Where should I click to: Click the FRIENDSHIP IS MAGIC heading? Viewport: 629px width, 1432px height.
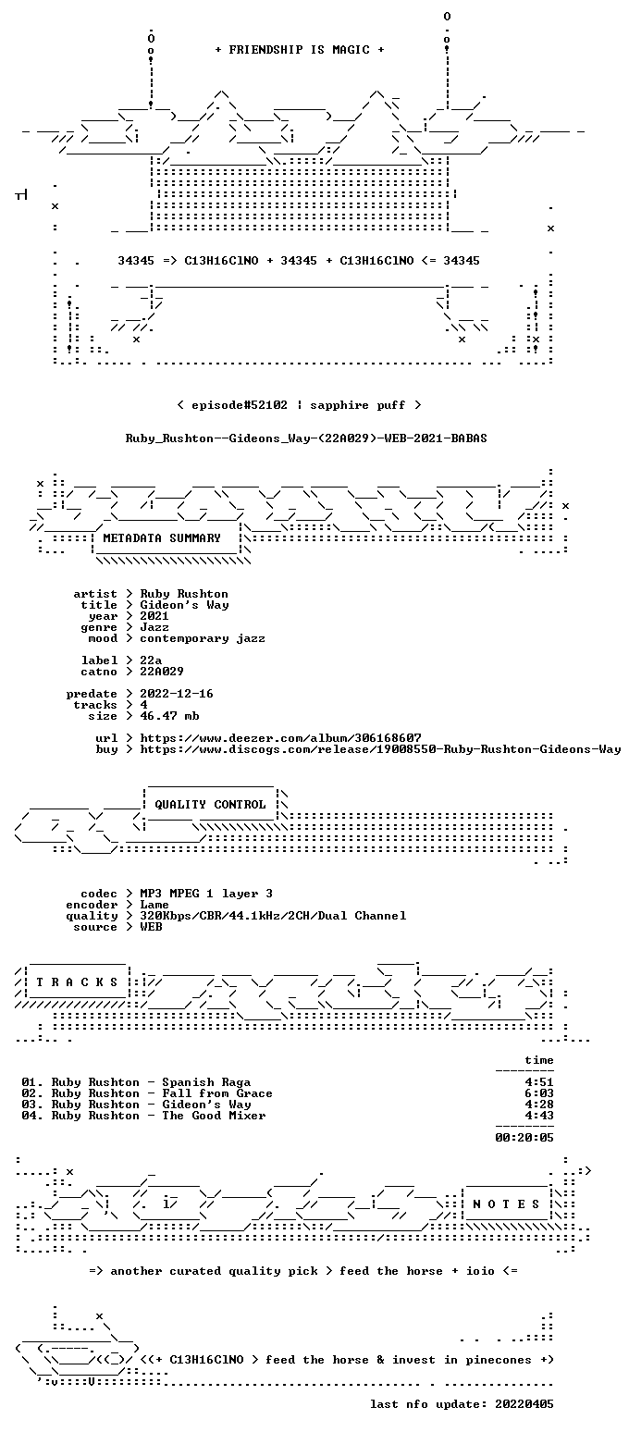click(x=299, y=49)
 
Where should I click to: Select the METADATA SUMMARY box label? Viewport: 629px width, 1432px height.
click(x=162, y=538)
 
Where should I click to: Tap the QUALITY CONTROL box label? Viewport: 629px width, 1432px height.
click(x=210, y=804)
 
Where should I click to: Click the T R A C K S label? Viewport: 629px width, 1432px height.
click(x=77, y=981)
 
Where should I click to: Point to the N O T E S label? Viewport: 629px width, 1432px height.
click(x=506, y=1204)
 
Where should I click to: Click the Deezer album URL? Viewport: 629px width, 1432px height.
click(x=280, y=737)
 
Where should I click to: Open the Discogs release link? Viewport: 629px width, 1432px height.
click(x=380, y=749)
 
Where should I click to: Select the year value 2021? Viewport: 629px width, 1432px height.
click(x=154, y=616)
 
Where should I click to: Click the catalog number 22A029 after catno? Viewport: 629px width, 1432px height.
click(x=162, y=672)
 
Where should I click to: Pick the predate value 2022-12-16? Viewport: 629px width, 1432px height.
click(x=177, y=694)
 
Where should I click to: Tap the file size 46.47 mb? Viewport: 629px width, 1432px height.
click(x=169, y=716)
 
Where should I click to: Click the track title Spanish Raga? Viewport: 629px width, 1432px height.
click(x=206, y=1082)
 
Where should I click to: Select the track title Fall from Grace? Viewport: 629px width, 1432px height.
click(x=216, y=1093)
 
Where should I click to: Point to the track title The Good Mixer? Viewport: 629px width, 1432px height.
click(x=214, y=1116)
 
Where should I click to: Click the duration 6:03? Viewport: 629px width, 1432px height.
click(x=539, y=1093)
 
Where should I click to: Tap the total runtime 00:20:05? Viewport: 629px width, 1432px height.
click(x=524, y=1137)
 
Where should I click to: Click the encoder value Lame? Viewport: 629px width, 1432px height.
click(x=154, y=905)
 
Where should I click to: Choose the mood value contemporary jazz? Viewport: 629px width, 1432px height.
click(x=202, y=638)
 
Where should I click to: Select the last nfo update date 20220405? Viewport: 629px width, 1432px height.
click(x=524, y=1404)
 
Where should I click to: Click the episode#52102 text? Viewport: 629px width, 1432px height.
click(x=239, y=404)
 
